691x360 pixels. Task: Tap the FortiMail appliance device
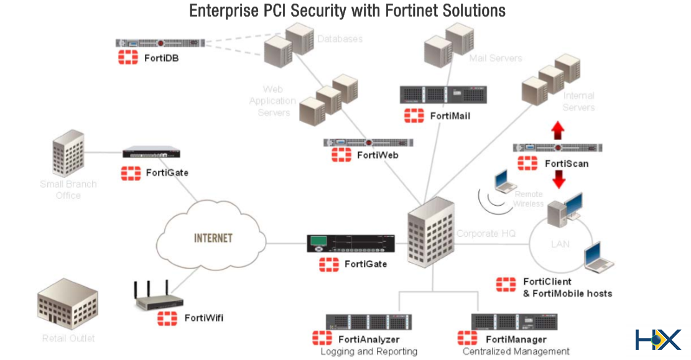443,95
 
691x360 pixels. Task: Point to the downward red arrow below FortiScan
559,179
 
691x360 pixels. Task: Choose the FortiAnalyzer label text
369,339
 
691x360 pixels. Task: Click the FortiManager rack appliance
514,322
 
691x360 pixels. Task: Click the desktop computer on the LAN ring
563,213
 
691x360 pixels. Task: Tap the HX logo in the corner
657,339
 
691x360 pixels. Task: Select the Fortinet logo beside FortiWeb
341,155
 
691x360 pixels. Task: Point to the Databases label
340,39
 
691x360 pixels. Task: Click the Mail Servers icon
448,42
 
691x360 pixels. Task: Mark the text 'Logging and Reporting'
369,352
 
